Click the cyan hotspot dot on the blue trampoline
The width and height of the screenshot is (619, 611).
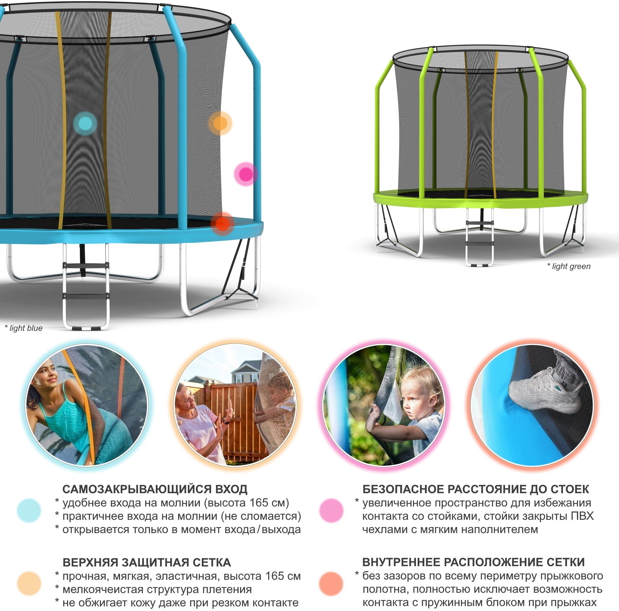[x=85, y=123]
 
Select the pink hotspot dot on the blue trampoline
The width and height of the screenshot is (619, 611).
[x=246, y=174]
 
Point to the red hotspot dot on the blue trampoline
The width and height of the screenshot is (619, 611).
[x=222, y=223]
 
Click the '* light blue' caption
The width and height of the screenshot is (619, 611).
[x=24, y=328]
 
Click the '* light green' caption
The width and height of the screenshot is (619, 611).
[x=569, y=266]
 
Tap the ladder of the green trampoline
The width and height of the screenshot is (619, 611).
[x=479, y=237]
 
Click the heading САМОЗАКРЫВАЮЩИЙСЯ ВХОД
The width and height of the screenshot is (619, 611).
[x=155, y=489]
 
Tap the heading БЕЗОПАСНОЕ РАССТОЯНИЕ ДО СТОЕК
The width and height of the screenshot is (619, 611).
[x=475, y=489]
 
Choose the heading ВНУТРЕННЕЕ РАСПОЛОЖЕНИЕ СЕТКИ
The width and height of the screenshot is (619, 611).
[x=473, y=562]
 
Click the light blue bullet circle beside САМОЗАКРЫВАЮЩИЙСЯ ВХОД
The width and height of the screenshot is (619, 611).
[x=29, y=511]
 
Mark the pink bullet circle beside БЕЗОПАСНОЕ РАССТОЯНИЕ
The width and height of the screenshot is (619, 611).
[x=331, y=511]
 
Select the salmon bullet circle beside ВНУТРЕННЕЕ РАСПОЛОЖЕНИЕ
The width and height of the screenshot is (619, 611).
[x=331, y=583]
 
